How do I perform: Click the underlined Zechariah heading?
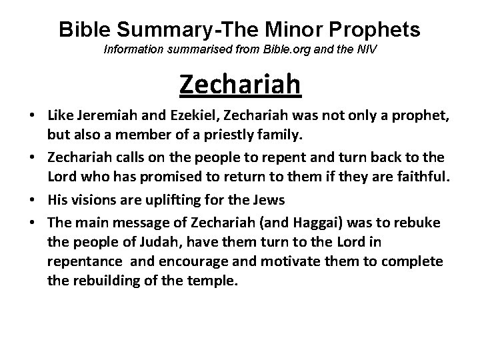pos(240,85)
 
